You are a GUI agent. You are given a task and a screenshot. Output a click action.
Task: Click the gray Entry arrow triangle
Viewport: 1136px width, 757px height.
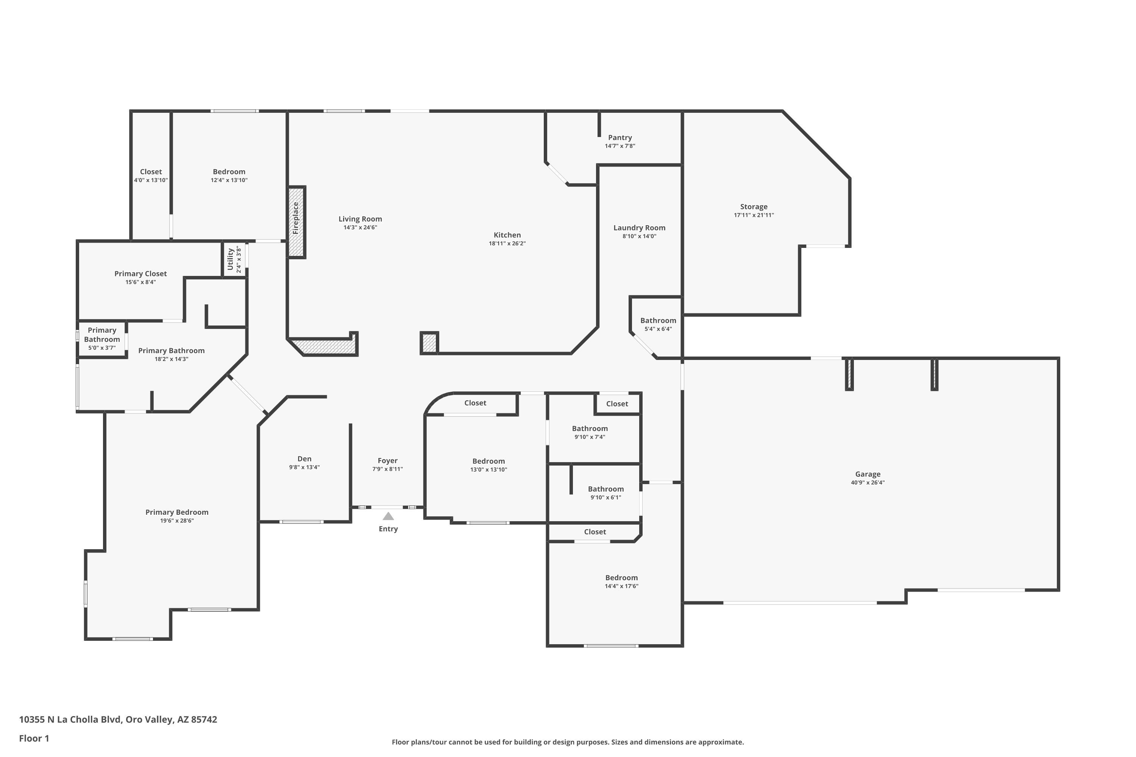(389, 516)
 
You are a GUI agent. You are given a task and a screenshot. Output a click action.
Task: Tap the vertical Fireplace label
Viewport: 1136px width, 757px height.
(296, 218)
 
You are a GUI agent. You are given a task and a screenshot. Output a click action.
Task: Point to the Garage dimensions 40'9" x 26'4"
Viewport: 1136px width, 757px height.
(868, 482)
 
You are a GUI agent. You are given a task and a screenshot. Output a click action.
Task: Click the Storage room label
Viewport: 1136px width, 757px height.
(754, 207)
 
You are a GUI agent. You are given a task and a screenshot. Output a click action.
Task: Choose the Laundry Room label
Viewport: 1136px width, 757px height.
(640, 228)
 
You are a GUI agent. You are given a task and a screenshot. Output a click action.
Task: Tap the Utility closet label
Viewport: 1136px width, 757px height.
(230, 259)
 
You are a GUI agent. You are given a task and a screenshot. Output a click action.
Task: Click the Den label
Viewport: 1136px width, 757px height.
(304, 459)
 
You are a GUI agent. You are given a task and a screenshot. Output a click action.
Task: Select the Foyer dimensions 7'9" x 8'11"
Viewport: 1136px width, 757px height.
(387, 469)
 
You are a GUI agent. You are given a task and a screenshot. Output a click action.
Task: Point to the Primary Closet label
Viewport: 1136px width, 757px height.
(140, 274)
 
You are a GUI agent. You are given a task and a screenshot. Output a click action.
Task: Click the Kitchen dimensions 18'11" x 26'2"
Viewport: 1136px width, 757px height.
(507, 243)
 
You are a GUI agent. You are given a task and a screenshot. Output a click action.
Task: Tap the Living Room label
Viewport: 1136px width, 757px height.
(360, 219)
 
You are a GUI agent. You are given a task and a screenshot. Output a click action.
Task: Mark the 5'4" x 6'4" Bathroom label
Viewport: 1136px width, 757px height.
(659, 321)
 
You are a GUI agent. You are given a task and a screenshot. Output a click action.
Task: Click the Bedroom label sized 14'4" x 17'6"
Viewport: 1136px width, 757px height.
(622, 578)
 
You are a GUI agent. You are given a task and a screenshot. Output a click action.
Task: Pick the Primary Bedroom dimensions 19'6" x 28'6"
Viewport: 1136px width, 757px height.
(177, 520)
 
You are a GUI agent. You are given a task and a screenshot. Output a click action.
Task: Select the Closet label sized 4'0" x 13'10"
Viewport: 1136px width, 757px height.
(151, 172)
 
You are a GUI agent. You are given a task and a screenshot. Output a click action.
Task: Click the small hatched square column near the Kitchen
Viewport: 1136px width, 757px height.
(429, 343)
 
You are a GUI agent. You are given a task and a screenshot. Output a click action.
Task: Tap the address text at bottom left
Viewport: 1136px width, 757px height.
(118, 720)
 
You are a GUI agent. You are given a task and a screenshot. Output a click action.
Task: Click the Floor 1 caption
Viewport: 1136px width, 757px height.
(34, 738)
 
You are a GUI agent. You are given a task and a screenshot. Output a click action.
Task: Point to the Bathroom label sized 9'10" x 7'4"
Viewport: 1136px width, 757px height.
(590, 429)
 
